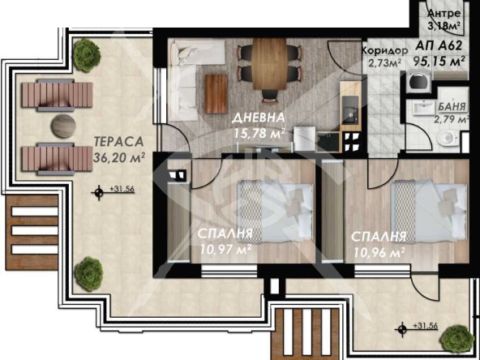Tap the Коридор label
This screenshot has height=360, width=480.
click(384, 49)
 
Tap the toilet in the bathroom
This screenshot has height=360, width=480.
click(444, 139)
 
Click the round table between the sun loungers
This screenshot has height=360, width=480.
click(62, 126)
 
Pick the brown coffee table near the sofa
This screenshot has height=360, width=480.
click(215, 93)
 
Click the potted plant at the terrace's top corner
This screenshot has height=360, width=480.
click(84, 55)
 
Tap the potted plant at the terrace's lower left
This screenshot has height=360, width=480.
click(83, 272)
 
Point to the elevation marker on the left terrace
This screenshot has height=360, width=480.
click(100, 191)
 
